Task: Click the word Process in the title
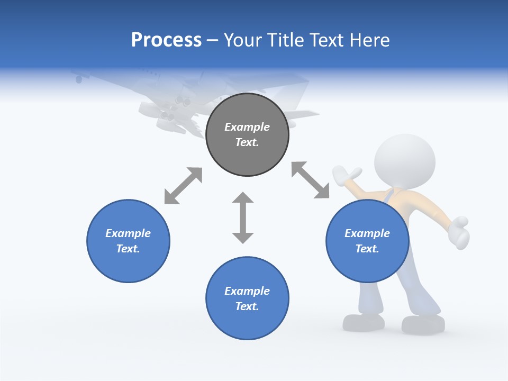coord(166,40)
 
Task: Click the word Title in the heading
coord(286,40)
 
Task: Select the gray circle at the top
coord(247,135)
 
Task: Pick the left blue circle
coord(128,241)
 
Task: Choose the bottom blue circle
coord(247,298)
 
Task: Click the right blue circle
coord(367,241)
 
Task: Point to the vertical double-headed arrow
coord(243,217)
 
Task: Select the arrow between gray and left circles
coord(183,186)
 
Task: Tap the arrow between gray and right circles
coord(311,180)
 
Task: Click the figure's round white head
coord(405,159)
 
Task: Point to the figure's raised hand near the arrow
coord(347,174)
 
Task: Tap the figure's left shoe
coord(364,322)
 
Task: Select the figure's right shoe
coord(423,324)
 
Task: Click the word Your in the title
coord(243,40)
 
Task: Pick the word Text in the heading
coord(325,40)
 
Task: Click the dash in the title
coord(213,40)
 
